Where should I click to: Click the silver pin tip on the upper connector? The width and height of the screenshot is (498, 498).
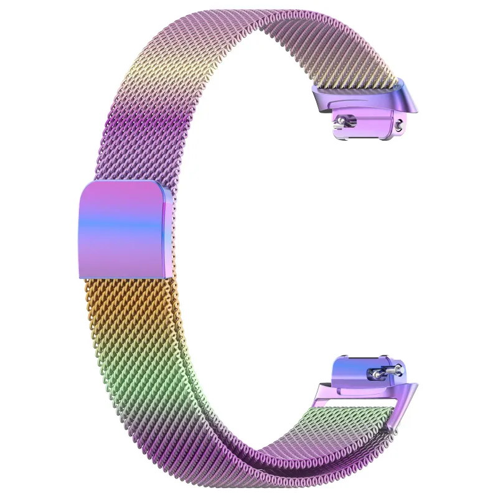[x=341, y=116]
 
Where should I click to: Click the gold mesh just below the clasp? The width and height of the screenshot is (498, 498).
[x=125, y=299]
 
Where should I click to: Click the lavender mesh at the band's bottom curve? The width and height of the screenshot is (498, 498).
[x=280, y=464]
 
